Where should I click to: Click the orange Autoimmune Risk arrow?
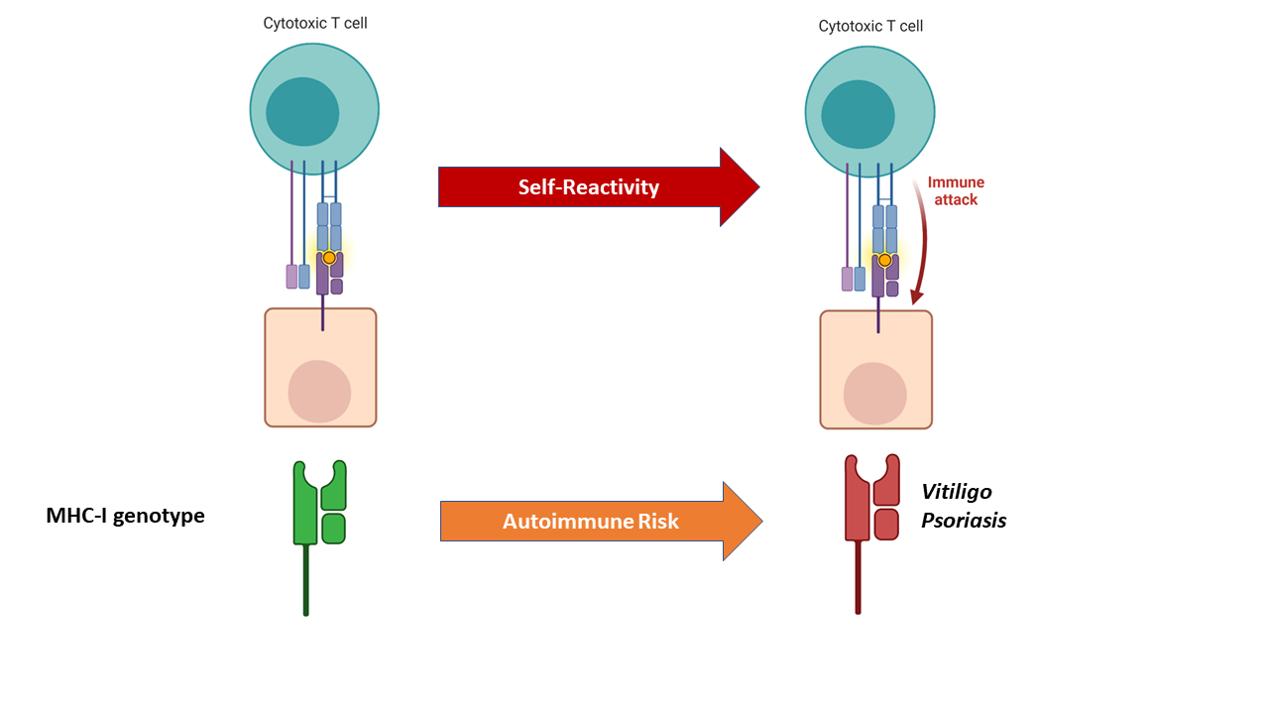point(591,522)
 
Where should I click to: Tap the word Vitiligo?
point(956,492)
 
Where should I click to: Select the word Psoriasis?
point(963,521)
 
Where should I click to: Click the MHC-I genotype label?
point(125,516)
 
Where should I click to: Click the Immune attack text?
point(955,191)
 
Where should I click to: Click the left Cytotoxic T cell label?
point(314,23)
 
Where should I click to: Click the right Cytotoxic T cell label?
point(869,26)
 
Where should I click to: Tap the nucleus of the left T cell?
point(302,111)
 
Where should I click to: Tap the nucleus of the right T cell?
point(858,114)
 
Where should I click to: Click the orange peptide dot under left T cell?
point(329,258)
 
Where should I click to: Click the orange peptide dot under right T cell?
point(884,261)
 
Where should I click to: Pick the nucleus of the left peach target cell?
point(319,391)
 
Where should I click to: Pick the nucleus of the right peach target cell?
point(874,394)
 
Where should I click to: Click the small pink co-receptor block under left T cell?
point(291,277)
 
